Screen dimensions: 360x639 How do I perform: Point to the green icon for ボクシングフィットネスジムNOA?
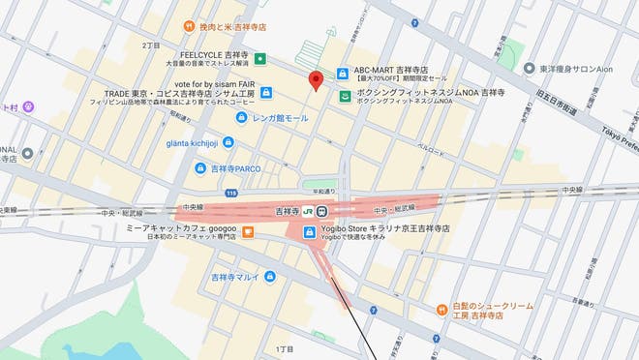(x=344, y=95)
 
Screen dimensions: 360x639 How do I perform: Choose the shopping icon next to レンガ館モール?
(x=242, y=118)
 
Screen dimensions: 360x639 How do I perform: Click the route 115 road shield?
(x=230, y=194)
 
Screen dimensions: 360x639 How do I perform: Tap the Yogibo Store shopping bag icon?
(x=308, y=232)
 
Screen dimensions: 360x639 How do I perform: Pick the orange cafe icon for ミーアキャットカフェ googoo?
(x=248, y=232)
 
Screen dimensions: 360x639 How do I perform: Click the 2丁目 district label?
(x=151, y=45)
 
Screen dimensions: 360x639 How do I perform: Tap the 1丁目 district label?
(x=284, y=347)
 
